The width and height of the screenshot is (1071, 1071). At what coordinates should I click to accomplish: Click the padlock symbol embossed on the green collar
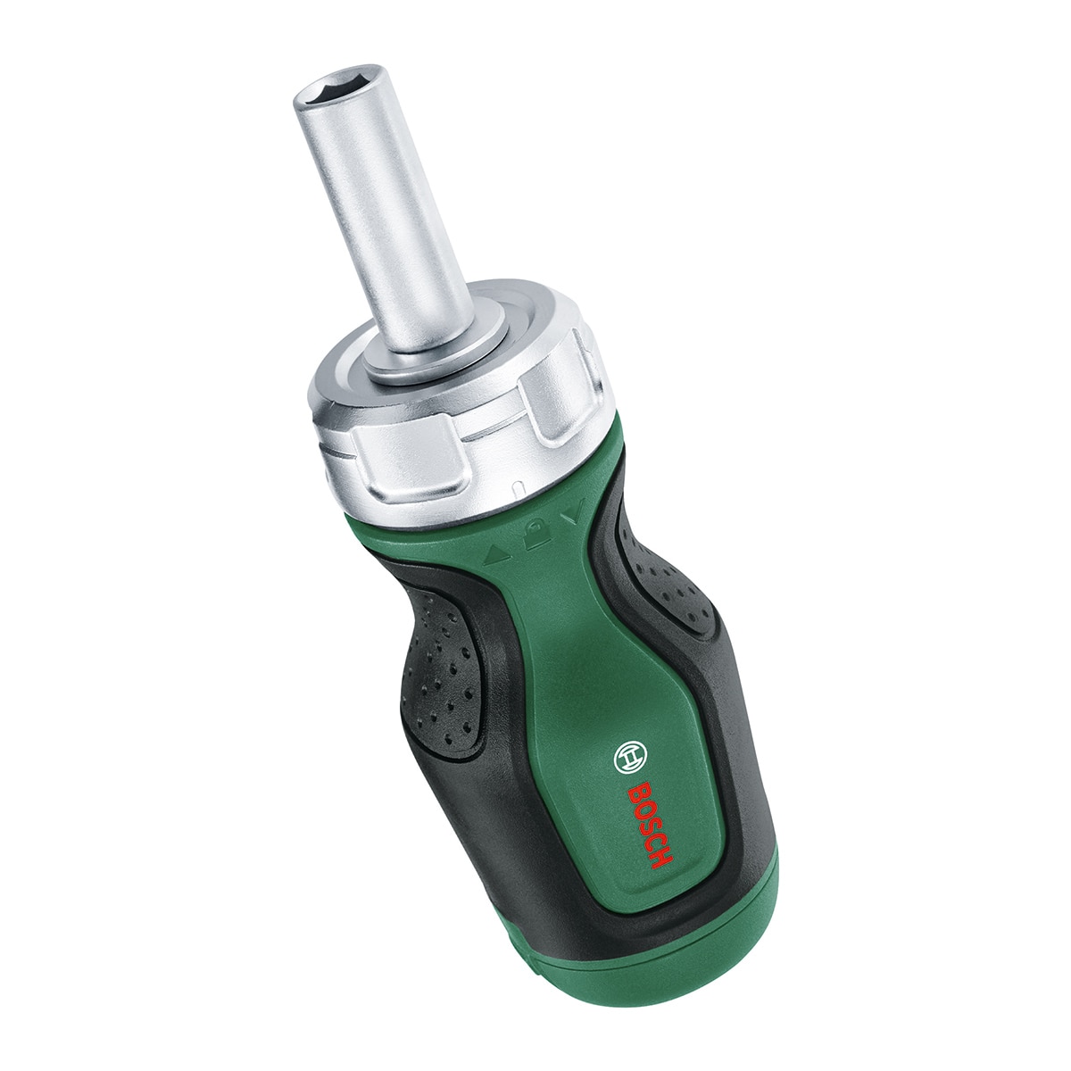coord(533,533)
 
